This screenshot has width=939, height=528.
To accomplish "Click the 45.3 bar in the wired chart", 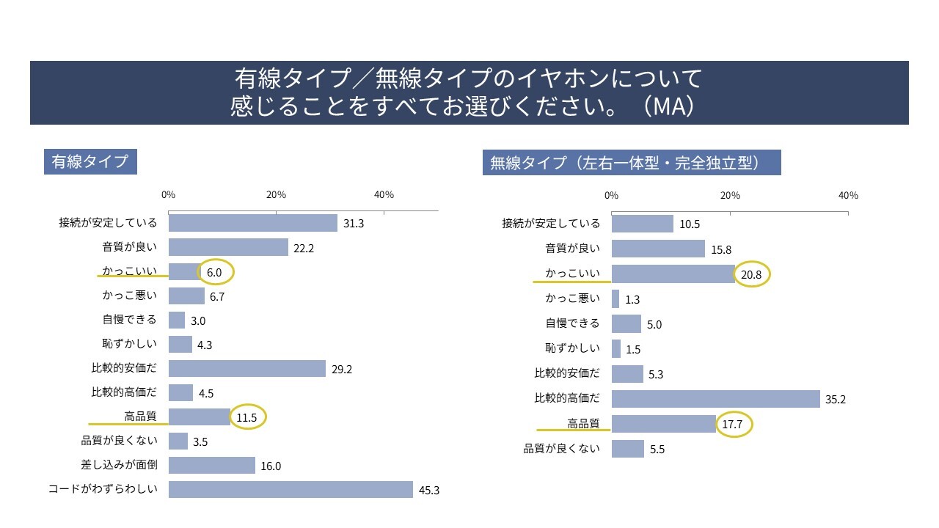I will [291, 489].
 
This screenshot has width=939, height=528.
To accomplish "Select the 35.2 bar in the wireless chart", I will [715, 399].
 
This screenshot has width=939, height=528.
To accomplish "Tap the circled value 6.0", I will [215, 272].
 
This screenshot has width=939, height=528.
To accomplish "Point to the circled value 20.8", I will [752, 274].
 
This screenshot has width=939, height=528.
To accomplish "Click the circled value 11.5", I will [247, 417].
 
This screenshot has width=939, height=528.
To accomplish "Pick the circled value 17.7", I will [734, 425].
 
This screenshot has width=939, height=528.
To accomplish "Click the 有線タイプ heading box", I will [90, 162].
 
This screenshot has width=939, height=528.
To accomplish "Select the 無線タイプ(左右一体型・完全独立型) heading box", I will [632, 163].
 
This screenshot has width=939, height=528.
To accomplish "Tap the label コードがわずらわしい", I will [103, 489].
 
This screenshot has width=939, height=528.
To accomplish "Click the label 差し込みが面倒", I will [119, 465].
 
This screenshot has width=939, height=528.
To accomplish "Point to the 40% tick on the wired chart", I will [384, 195].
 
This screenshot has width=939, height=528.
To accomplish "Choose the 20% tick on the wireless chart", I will [729, 196].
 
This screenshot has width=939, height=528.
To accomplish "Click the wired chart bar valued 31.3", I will [253, 223].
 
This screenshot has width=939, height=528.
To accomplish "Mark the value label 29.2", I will [342, 369].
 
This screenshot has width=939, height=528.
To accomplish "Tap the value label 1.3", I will [633, 299].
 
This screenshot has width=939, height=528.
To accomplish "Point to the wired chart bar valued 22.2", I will [228, 247].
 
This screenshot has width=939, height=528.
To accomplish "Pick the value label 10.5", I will [690, 224].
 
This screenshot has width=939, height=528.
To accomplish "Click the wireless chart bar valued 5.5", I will [627, 449].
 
